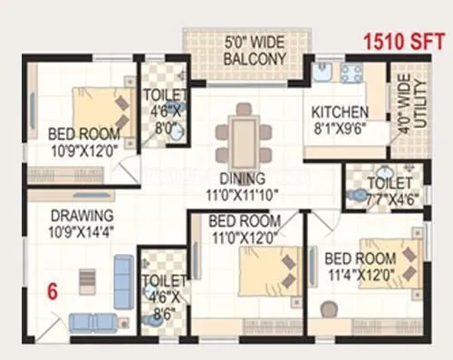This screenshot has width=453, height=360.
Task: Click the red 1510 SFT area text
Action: [403, 41]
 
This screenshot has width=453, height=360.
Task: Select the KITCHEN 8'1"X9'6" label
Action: [340, 121]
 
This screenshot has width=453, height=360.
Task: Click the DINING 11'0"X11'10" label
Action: [241, 187]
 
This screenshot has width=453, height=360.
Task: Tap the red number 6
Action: [53, 292]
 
